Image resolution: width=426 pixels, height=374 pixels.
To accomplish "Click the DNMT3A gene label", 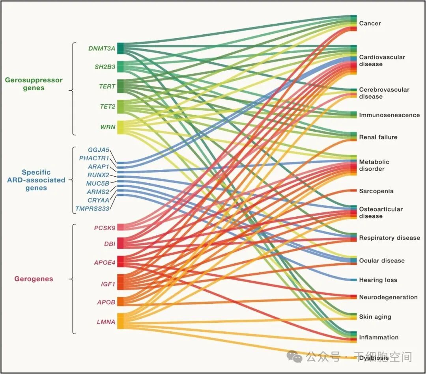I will pyautogui.click(x=102, y=48).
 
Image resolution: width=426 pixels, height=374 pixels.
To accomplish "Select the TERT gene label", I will pyautogui.click(x=107, y=86).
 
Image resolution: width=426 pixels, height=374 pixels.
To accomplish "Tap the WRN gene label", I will pyautogui.click(x=107, y=127).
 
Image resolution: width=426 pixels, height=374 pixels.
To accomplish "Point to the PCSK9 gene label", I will pyautogui.click(x=105, y=228).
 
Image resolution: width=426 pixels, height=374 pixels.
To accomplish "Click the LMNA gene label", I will pyautogui.click(x=106, y=322).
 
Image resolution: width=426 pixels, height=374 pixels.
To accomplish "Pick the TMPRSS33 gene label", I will pyautogui.click(x=92, y=208).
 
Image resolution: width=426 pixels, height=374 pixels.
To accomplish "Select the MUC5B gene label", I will pyautogui.click(x=97, y=183).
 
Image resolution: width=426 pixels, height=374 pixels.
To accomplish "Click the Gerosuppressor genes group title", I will pyautogui.click(x=34, y=84).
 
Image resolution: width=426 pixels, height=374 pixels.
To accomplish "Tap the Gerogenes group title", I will pyautogui.click(x=34, y=279).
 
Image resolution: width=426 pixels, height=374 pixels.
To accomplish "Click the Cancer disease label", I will pyautogui.click(x=370, y=23).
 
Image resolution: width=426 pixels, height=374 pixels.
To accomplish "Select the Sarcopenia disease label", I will pyautogui.click(x=376, y=191).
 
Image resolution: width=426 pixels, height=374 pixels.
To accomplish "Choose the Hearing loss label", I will pyautogui.click(x=378, y=280).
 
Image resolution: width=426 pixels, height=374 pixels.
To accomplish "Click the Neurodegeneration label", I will pyautogui.click(x=388, y=297).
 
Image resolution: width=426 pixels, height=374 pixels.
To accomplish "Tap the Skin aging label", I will pyautogui.click(x=375, y=317).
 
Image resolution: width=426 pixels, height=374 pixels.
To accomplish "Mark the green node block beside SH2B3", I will pyautogui.click(x=121, y=67).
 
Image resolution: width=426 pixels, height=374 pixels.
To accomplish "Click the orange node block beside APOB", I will pyautogui.click(x=121, y=301).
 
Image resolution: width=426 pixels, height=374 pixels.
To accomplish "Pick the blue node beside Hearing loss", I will pyautogui.click(x=353, y=280).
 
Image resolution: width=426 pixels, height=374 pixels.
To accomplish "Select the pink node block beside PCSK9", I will pyautogui.click(x=121, y=227).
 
